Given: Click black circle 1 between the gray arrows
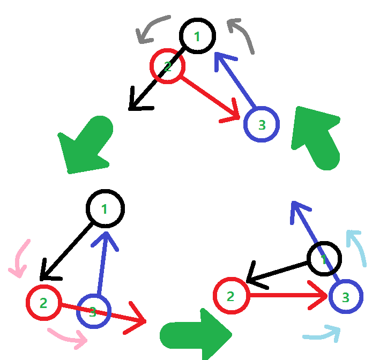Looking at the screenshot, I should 197,36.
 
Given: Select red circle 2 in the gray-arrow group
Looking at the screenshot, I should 167,66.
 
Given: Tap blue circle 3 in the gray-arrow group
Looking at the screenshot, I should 261,125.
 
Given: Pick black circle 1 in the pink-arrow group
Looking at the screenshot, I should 106,208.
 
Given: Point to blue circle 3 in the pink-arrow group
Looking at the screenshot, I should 93,311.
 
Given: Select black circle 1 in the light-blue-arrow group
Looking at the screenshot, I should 324,259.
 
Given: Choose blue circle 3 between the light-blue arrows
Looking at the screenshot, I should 346,296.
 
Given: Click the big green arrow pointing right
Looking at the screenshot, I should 196,334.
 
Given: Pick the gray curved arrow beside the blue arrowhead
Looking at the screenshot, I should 242,35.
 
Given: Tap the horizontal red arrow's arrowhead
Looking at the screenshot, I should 319,295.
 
